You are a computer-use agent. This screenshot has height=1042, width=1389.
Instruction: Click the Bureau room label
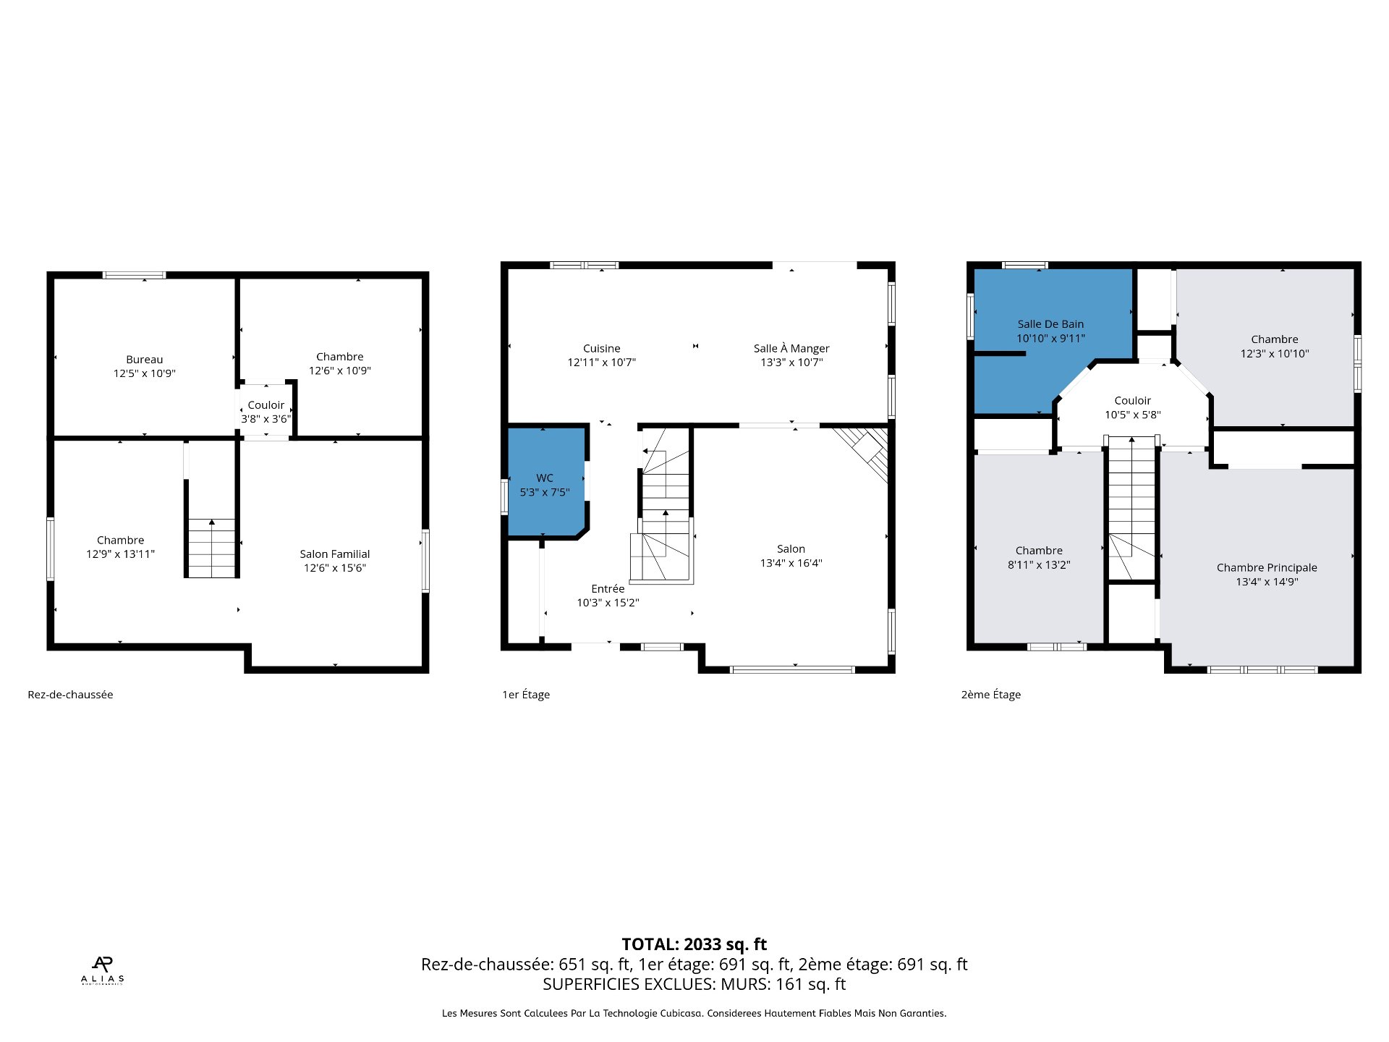click(145, 360)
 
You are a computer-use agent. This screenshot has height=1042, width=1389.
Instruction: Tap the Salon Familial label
click(335, 554)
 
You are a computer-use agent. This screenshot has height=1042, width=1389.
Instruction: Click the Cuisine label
click(602, 349)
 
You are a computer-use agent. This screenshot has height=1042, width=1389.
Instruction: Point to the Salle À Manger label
click(791, 348)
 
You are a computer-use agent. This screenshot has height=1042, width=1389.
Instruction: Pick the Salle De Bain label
click(1050, 324)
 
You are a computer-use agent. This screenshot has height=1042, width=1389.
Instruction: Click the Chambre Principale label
click(1267, 568)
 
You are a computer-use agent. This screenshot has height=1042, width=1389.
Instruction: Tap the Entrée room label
click(608, 589)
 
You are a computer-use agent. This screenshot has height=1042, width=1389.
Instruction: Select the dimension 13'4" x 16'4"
click(791, 563)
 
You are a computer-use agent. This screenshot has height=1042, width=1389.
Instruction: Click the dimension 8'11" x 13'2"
click(1039, 564)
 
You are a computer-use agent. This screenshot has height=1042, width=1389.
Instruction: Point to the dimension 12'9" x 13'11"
click(120, 554)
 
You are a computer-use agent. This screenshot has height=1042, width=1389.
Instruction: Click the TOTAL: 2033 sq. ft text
click(694, 944)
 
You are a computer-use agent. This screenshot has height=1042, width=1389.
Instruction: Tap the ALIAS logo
click(102, 970)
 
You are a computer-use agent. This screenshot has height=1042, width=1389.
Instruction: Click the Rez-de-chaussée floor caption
click(70, 695)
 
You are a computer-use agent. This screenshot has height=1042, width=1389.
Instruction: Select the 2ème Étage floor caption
click(991, 695)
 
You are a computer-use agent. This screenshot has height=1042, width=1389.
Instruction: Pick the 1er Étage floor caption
click(526, 695)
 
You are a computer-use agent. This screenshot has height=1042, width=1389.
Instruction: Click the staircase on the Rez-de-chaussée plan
click(211, 548)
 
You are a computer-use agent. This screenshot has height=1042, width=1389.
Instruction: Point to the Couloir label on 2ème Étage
click(1133, 401)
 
